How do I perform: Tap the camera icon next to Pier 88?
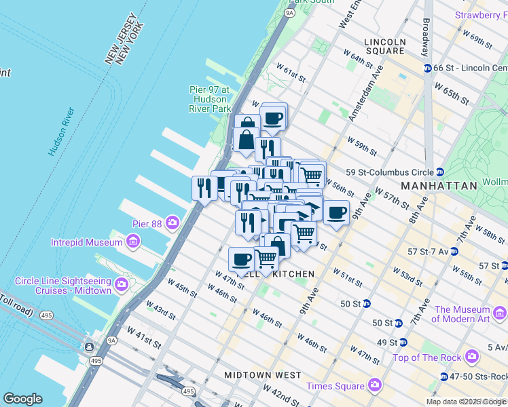click(x=173, y=222)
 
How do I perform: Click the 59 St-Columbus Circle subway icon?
click(x=441, y=172)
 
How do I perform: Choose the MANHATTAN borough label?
click(x=439, y=185)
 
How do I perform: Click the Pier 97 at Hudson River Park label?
click(x=210, y=99)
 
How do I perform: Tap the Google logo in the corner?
click(x=22, y=399)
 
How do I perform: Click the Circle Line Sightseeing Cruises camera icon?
click(x=122, y=284)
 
